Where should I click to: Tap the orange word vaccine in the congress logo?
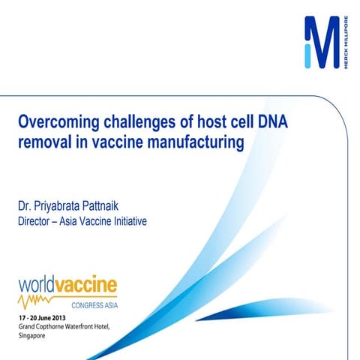click(x=88, y=285)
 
